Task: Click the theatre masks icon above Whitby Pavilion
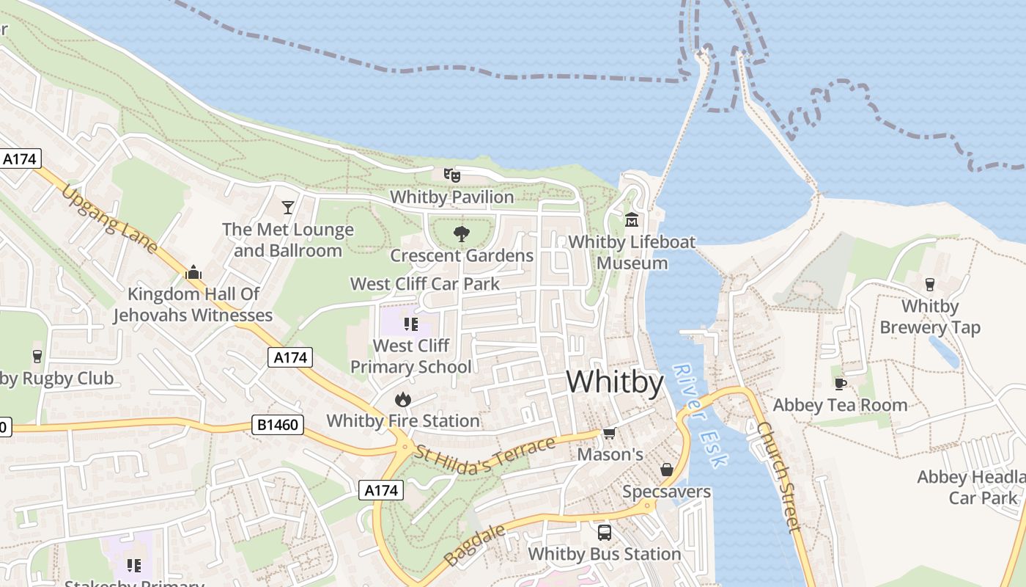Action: (x=451, y=175)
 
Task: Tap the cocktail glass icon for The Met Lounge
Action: (x=288, y=208)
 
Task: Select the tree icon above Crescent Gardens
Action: (x=461, y=234)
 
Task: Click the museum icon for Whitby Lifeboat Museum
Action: (x=631, y=219)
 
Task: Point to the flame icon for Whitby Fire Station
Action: (x=402, y=399)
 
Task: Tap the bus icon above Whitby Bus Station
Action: (x=604, y=533)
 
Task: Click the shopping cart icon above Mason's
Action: (x=609, y=433)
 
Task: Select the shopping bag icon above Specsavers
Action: (x=667, y=470)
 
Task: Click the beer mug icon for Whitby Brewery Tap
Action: (x=930, y=284)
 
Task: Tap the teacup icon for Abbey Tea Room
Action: (x=840, y=383)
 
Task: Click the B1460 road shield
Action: (x=278, y=425)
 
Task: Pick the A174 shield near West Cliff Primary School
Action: (x=290, y=357)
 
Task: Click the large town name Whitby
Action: (x=615, y=382)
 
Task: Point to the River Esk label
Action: (x=701, y=415)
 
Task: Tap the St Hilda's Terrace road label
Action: (x=485, y=456)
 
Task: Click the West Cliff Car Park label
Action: (x=424, y=284)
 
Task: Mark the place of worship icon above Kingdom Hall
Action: (x=193, y=272)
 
